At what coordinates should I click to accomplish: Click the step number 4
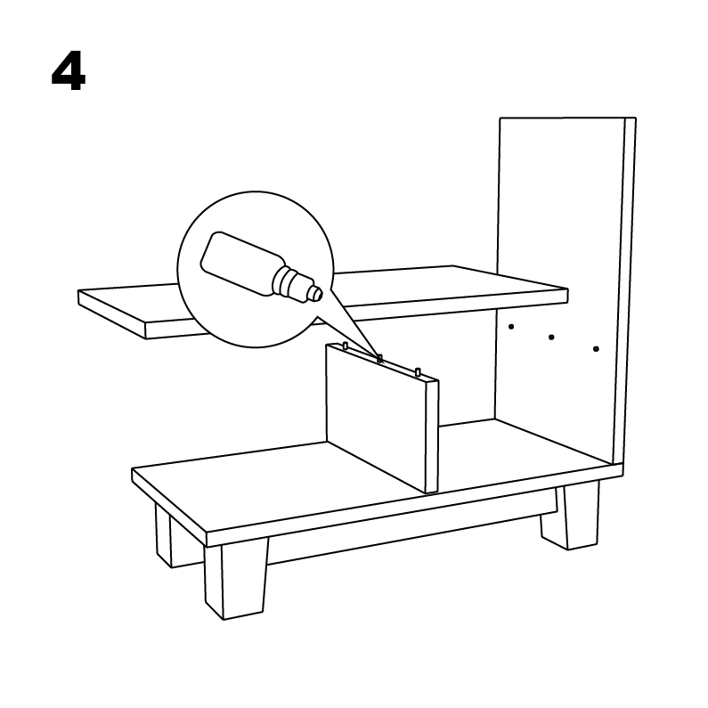(69, 71)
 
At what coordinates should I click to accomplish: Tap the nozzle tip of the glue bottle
(318, 294)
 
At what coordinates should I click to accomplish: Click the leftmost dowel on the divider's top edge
(346, 346)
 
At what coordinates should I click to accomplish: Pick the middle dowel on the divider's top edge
(380, 359)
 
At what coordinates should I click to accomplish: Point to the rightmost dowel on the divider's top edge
(418, 372)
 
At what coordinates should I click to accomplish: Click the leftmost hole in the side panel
(511, 327)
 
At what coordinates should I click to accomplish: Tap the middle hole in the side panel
(551, 338)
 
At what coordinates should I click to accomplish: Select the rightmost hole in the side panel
(596, 349)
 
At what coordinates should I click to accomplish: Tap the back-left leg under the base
(164, 535)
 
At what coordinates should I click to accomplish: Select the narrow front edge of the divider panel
(432, 436)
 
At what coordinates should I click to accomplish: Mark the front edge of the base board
(414, 504)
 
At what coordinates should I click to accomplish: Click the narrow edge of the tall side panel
(624, 291)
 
